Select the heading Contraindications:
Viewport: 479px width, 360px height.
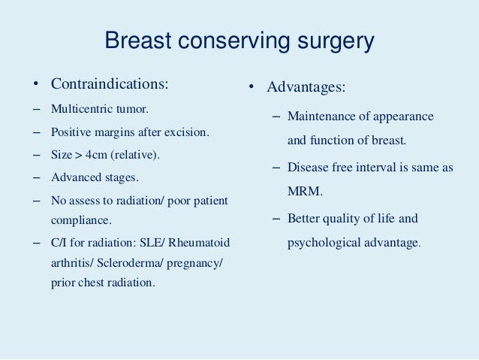pos(110,83)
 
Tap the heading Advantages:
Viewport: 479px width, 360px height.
pos(307,88)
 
